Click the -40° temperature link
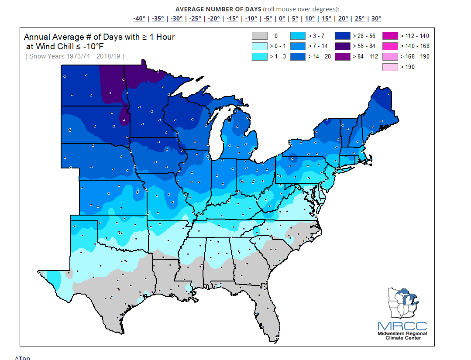click(x=139, y=18)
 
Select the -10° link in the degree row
click(x=251, y=18)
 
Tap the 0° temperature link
click(x=282, y=18)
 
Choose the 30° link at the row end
click(x=376, y=18)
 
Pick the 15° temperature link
click(x=326, y=18)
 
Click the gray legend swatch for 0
click(x=259, y=36)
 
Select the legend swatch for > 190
click(x=390, y=67)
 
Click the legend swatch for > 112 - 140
click(x=390, y=36)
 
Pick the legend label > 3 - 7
click(x=316, y=36)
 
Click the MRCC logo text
click(x=402, y=326)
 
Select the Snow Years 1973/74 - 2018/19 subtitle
click(x=75, y=56)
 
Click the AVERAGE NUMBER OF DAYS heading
click(x=218, y=9)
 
